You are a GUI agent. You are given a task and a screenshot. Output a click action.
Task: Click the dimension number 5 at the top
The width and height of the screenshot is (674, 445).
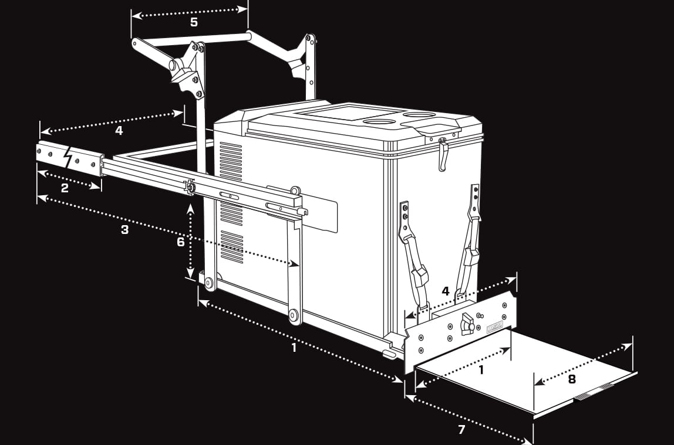click(194, 22)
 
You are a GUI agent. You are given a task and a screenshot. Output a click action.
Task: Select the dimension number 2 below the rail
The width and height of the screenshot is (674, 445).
click(65, 188)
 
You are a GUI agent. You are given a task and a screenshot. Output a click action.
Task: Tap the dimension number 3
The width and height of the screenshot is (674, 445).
click(124, 230)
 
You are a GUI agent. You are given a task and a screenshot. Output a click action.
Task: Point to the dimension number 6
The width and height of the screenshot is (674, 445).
click(181, 242)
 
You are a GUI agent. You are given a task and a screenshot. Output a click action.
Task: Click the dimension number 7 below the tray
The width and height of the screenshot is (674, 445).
click(461, 430)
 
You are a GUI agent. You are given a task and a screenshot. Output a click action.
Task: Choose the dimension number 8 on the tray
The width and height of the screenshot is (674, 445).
click(571, 379)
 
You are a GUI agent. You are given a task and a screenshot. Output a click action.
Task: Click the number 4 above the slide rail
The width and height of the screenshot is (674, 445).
click(119, 131)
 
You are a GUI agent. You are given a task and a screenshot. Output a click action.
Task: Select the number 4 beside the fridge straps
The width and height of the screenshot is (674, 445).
click(446, 291)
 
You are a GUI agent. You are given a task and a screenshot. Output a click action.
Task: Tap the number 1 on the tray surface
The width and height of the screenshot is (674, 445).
click(481, 370)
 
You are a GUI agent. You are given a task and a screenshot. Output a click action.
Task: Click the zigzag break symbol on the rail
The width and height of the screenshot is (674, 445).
click(68, 157)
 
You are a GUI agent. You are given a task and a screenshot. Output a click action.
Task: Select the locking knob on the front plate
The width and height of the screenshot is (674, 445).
click(467, 323)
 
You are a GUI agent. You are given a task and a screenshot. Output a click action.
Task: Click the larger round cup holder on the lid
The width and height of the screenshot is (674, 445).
click(379, 121)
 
